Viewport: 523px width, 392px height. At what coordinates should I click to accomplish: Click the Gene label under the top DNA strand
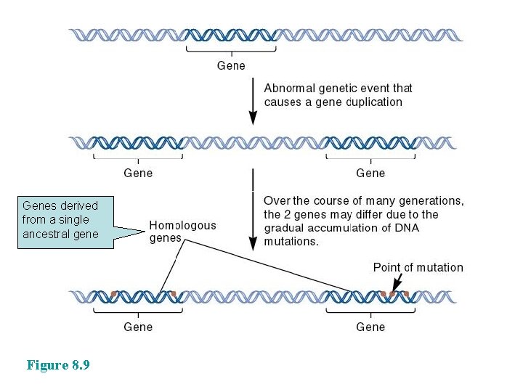pos(231,65)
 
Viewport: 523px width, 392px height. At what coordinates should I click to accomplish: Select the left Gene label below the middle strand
pos(138,173)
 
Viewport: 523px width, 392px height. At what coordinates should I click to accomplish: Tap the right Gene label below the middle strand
pos(370,173)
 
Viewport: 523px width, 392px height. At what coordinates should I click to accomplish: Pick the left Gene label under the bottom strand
pos(138,327)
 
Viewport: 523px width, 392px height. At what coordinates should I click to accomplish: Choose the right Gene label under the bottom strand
pos(370,327)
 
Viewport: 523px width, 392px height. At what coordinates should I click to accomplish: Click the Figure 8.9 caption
pos(58,365)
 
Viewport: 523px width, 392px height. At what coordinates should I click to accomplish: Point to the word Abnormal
pos(289,88)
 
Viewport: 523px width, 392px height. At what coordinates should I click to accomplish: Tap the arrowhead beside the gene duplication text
pos(253,115)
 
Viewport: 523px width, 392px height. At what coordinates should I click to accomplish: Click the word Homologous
pos(182,225)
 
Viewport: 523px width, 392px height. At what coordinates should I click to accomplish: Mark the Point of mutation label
pos(418,267)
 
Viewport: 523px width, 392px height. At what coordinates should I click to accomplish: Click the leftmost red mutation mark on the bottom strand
pos(114,294)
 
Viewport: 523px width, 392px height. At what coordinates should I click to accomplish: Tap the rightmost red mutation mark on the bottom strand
pos(405,294)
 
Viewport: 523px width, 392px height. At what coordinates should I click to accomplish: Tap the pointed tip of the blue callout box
pos(143,232)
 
